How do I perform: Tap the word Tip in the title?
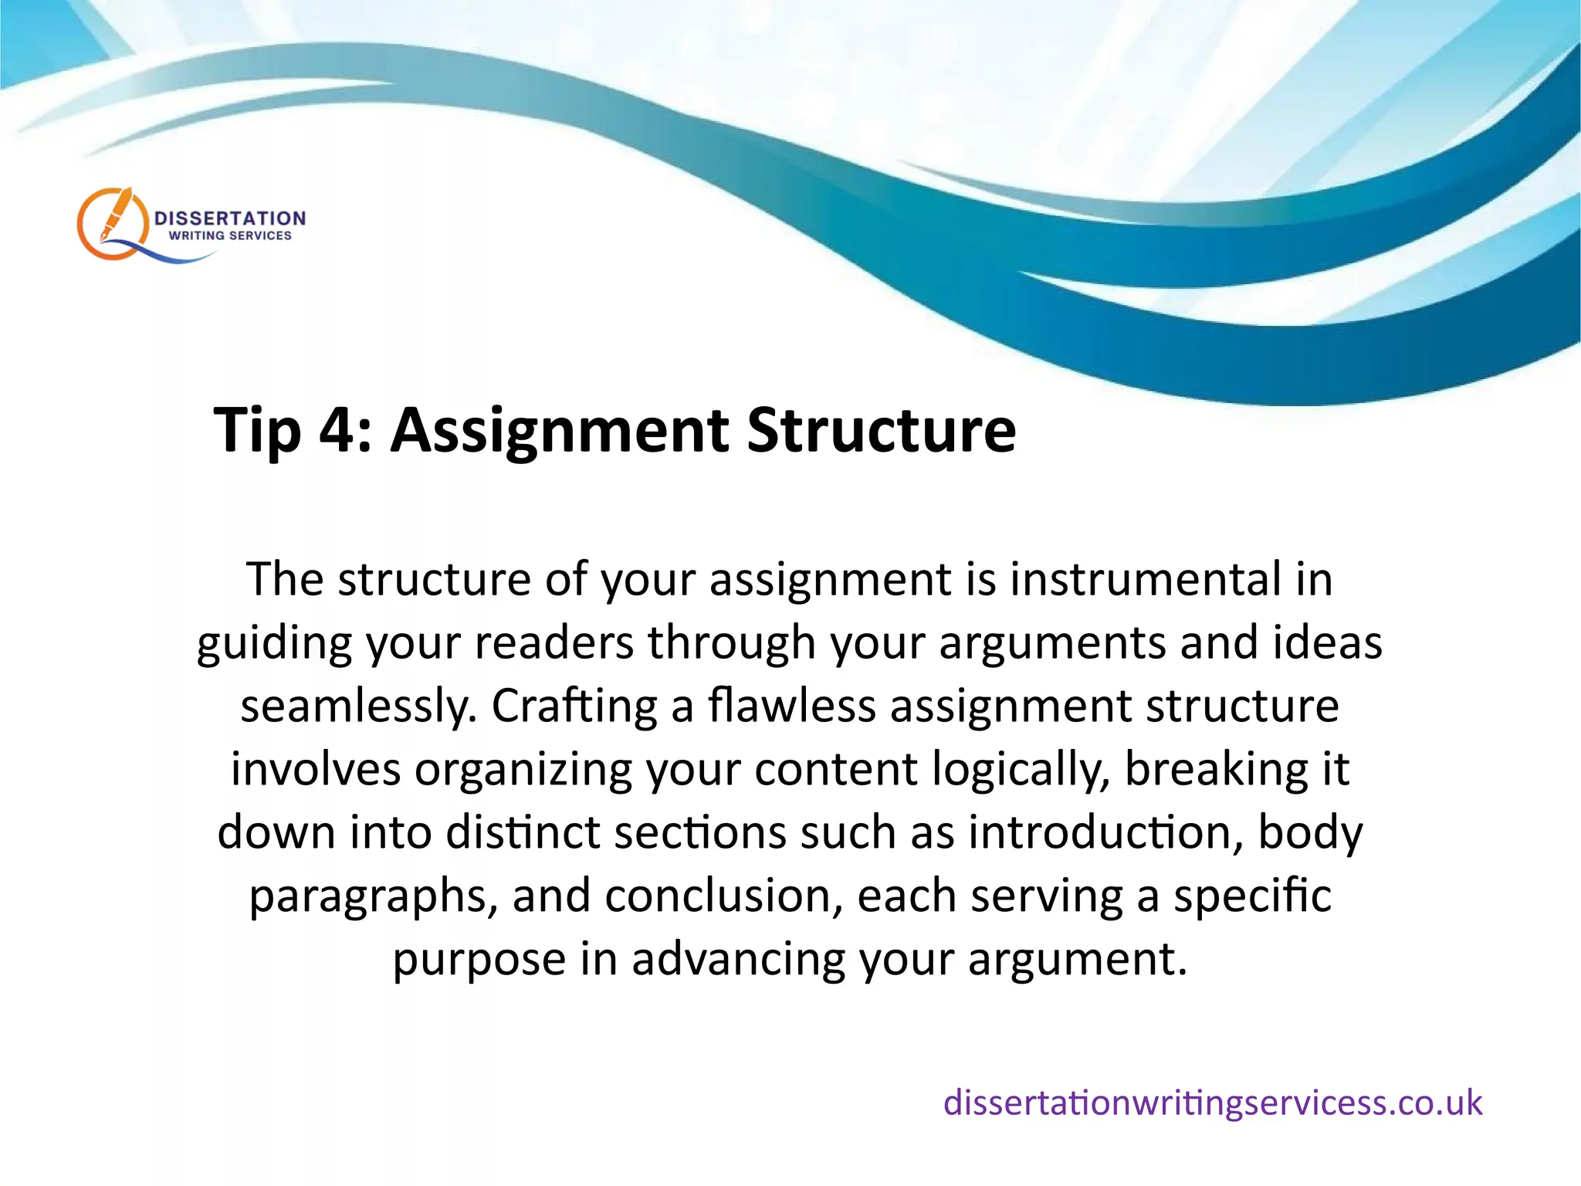tap(256, 430)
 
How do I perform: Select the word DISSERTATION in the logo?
tap(230, 219)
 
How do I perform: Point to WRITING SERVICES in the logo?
tap(230, 236)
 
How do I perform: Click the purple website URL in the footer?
tap(1212, 1102)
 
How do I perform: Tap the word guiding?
tap(274, 644)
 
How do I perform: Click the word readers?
tap(554, 642)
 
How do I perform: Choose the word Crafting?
tap(574, 707)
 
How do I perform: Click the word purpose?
tap(479, 961)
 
